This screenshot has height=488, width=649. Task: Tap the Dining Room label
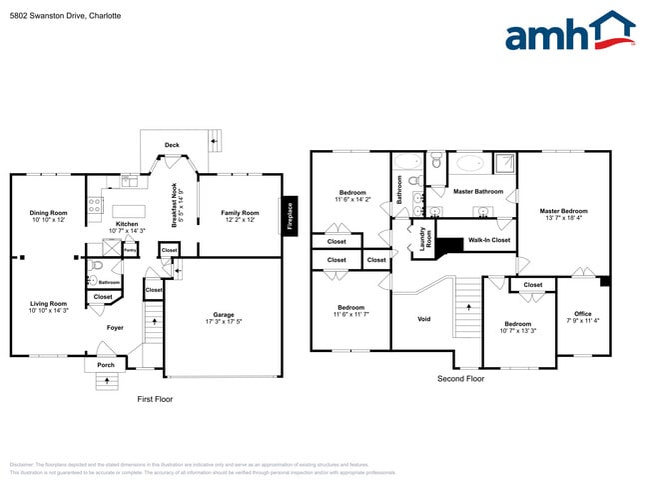(x=48, y=213)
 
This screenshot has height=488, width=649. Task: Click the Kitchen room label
(x=127, y=224)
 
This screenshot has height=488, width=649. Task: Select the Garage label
(x=223, y=315)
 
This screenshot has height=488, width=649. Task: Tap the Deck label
(x=172, y=145)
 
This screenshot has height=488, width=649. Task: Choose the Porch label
(x=106, y=365)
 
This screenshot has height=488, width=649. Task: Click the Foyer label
(x=116, y=327)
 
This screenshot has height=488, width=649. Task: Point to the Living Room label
(x=48, y=304)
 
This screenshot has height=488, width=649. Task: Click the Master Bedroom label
(x=563, y=211)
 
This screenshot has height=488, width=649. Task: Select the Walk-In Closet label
(x=489, y=240)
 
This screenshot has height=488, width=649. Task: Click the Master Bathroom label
(x=477, y=191)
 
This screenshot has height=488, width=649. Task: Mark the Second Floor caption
(x=461, y=379)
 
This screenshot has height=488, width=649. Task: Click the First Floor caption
(x=155, y=399)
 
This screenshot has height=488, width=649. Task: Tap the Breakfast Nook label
(x=174, y=205)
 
